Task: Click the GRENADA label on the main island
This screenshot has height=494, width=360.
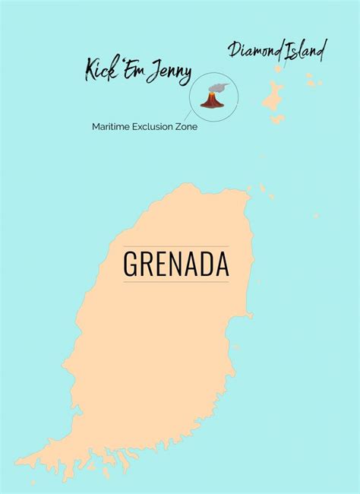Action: click(176, 264)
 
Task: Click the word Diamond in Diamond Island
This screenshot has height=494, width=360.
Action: click(255, 51)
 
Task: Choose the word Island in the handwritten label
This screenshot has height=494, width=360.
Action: click(305, 51)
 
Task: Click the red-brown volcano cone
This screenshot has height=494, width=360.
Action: click(210, 100)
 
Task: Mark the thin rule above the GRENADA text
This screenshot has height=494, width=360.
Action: click(176, 246)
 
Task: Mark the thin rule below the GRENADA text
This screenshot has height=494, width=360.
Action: click(176, 282)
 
